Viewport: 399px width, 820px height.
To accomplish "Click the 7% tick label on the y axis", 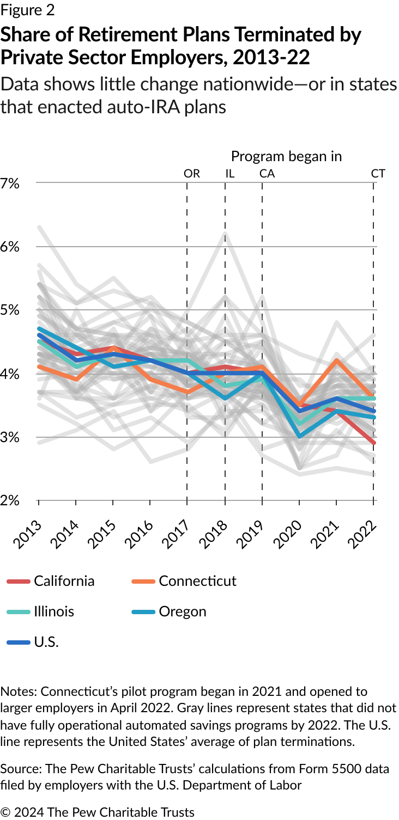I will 10,183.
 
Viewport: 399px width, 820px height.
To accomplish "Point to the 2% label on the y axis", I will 10,500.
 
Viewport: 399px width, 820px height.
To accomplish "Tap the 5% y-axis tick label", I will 10,310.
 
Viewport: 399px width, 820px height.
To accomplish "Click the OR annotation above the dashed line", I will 192,174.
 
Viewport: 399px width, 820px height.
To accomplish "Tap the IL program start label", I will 229,174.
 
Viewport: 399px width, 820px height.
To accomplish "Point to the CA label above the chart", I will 267,174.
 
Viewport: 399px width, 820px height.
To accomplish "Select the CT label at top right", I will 378,174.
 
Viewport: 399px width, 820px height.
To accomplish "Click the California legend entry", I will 64,581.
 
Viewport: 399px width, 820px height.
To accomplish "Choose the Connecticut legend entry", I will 197,581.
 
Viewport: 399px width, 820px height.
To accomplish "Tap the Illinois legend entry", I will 53,611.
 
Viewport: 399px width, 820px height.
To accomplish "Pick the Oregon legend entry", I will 182,611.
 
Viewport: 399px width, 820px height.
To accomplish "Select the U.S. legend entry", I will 46,642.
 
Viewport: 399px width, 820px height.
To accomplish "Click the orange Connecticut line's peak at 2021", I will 336,360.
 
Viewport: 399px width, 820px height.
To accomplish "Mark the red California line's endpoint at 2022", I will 373,443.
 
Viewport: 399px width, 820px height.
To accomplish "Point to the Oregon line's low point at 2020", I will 299,436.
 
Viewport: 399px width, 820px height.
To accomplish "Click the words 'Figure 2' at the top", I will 28,10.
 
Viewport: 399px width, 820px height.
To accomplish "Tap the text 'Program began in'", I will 286,156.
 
